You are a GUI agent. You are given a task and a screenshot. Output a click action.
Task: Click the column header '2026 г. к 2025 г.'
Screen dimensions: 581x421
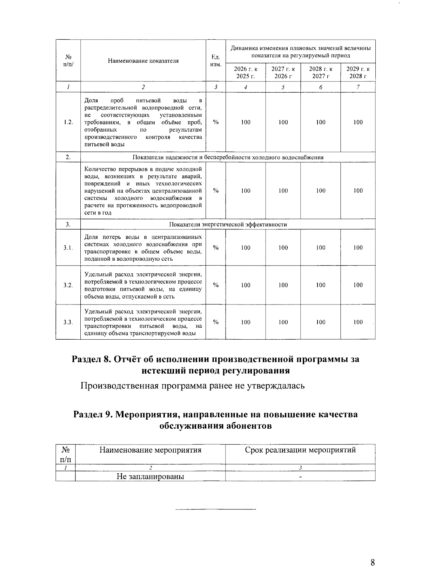246,73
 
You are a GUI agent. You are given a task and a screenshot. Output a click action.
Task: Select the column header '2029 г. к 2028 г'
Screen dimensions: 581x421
358,73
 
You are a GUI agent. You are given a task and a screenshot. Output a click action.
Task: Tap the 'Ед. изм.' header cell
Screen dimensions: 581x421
215,61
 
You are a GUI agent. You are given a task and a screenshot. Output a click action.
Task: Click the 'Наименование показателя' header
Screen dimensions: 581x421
143,61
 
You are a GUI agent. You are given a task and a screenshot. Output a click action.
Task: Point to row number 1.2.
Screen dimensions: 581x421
68,122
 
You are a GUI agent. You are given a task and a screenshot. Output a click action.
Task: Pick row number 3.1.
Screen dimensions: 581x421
68,248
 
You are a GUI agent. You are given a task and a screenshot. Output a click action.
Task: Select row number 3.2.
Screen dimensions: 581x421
68,285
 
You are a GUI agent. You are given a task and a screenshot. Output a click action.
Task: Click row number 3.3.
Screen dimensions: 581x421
68,322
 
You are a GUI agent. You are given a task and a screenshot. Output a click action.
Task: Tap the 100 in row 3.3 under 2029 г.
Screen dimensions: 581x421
358,322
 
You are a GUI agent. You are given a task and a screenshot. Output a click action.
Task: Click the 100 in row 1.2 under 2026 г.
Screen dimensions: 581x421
246,122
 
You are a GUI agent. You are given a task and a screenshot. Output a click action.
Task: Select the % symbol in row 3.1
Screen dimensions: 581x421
216,248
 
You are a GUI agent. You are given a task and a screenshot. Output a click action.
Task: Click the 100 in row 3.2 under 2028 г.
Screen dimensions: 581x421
320,285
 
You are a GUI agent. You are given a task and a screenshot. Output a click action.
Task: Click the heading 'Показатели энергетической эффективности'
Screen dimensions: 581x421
228,225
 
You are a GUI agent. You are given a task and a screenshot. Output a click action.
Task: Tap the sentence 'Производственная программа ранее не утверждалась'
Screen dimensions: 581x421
193,386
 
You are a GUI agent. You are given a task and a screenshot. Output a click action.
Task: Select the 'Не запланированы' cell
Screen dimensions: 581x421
151,476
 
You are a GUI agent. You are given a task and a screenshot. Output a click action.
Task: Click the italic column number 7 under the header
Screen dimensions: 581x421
358,87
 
